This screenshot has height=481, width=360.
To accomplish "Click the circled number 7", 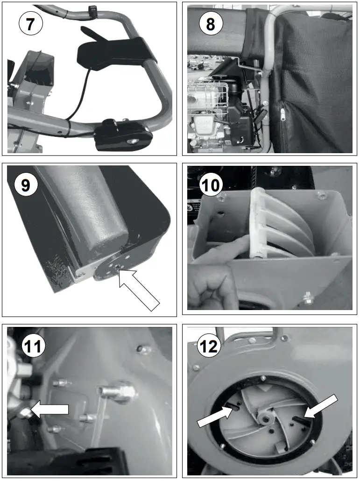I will (30, 23).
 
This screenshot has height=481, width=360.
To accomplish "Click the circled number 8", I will (210, 23).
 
